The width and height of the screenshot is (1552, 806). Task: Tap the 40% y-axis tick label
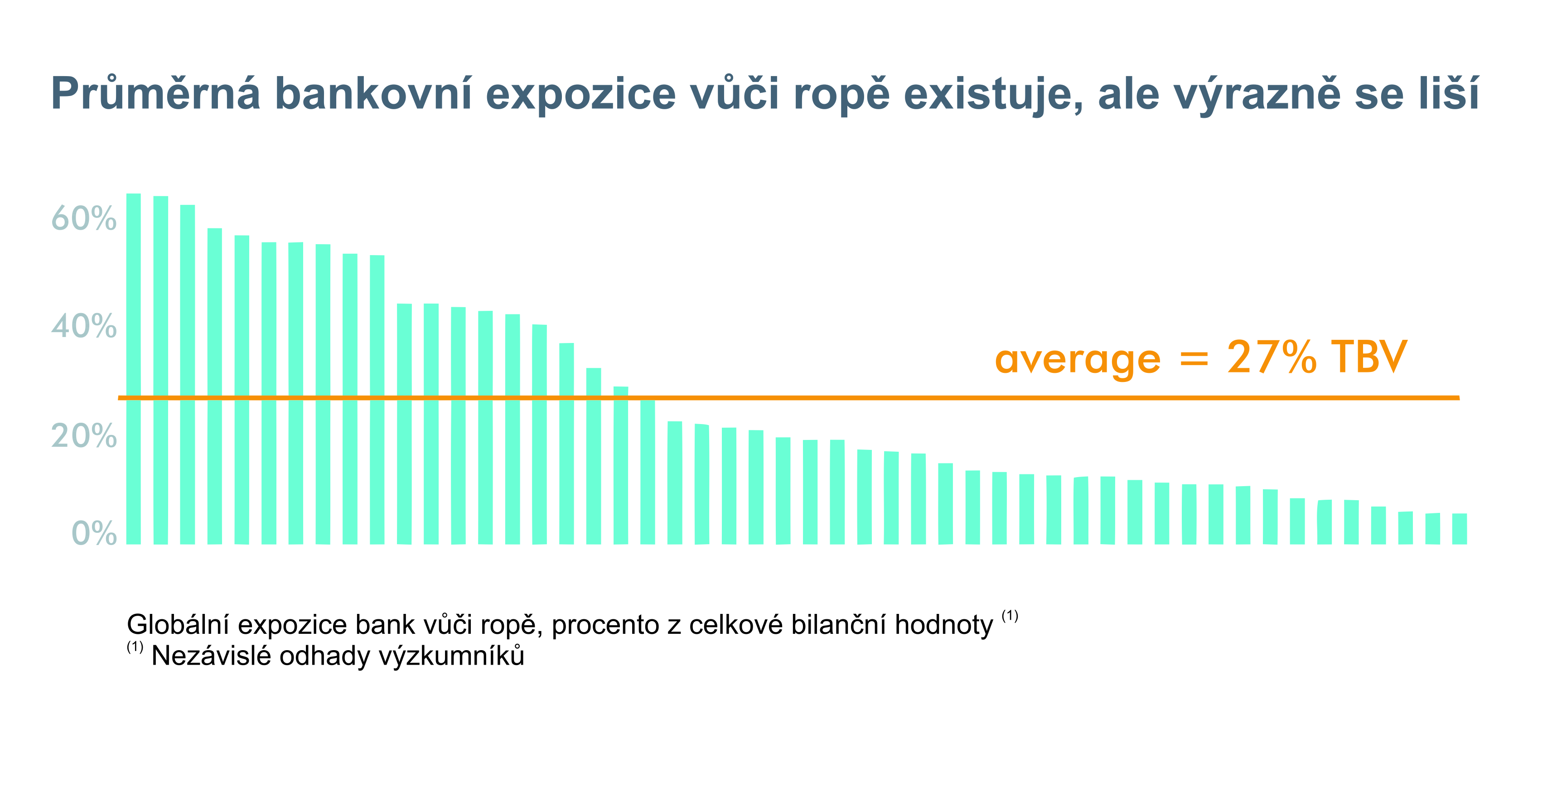pos(84,327)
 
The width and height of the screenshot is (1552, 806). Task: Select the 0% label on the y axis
pos(94,533)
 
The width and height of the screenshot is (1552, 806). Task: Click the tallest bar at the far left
pos(134,369)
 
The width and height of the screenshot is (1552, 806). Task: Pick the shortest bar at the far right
pos(1460,529)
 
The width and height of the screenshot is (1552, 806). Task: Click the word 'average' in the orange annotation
pos(1078,360)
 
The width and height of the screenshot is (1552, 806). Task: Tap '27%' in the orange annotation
pos(1272,357)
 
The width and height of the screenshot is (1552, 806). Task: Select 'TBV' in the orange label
pos(1369,357)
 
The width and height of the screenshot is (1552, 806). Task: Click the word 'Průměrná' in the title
pos(156,94)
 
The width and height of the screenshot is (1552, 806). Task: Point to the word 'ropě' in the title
pos(841,95)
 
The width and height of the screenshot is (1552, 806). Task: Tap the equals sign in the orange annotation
pos(1194,360)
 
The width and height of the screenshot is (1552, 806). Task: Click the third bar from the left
pos(187,375)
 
